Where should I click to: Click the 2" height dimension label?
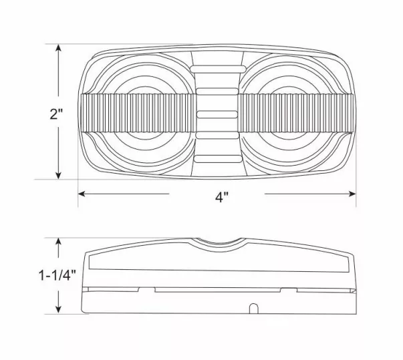[56, 114]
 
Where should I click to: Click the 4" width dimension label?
[222, 197]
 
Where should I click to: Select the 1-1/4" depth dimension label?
[57, 276]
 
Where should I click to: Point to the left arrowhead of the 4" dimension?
[82, 194]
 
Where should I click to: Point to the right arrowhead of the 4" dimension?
[352, 194]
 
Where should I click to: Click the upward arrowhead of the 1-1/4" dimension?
[59, 242]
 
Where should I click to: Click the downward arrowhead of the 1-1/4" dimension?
[59, 309]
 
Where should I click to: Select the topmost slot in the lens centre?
[218, 68]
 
